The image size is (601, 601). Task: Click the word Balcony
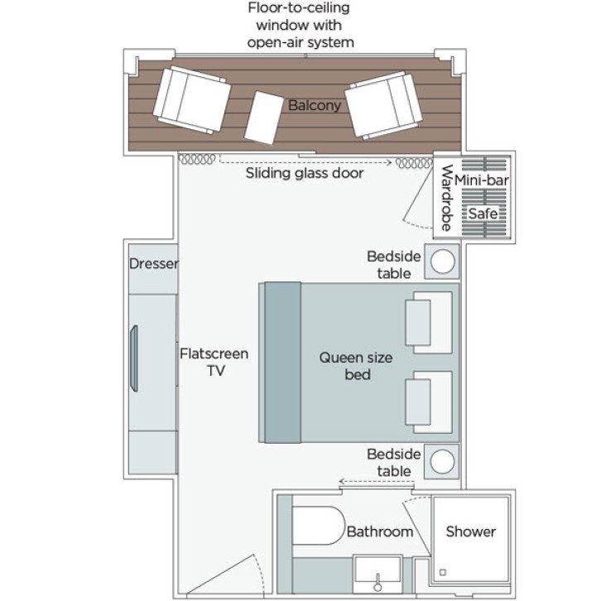315,106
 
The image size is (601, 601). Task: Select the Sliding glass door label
305,174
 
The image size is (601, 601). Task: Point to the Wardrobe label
446,199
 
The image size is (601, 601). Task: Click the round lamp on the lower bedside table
443,462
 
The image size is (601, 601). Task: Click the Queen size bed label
356,366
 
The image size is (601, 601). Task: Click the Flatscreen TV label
214,363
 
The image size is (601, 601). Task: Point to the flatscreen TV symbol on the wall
132,358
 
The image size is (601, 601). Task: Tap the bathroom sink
377,571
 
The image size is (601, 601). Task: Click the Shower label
470,531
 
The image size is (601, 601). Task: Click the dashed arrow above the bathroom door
368,481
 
